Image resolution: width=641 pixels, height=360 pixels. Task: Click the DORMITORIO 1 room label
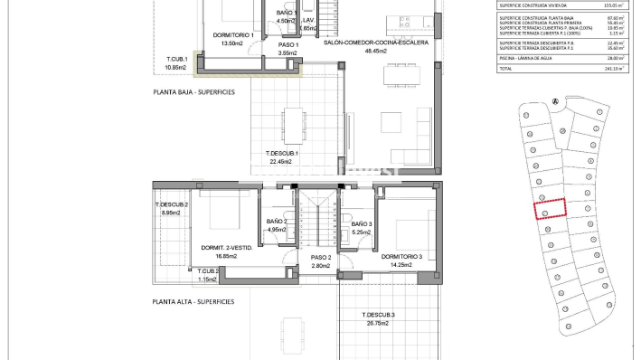(232, 36)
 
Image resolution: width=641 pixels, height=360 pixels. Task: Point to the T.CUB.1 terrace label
(175, 60)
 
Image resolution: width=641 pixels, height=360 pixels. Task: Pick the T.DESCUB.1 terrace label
(282, 154)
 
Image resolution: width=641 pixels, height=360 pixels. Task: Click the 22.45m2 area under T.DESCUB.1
(282, 163)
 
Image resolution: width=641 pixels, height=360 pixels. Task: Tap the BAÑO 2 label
(277, 222)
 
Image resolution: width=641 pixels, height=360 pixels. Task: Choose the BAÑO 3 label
(361, 223)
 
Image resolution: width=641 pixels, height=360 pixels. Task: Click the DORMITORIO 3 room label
(402, 256)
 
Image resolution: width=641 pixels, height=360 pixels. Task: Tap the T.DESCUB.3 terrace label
(381, 315)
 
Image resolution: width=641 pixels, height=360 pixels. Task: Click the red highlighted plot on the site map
(549, 209)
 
